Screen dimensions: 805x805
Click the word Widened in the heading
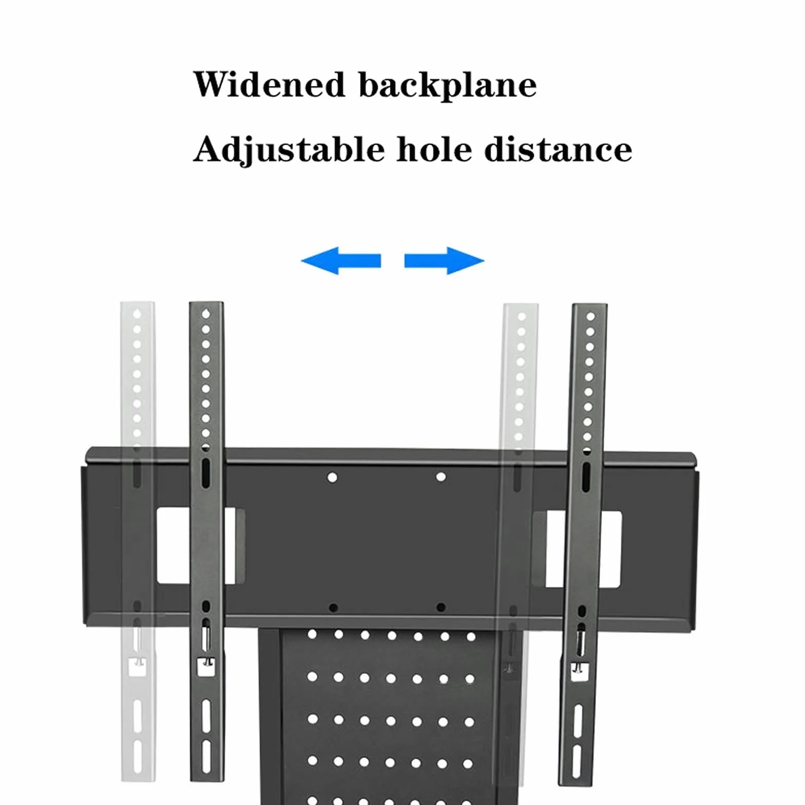click(269, 84)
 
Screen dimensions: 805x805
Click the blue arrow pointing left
click(341, 261)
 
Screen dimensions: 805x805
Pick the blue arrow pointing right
click(445, 261)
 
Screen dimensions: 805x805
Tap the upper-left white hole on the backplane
click(332, 477)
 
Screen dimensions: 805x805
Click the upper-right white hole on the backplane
click(440, 477)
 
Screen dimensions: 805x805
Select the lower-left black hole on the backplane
click(333, 608)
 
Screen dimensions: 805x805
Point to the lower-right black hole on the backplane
click(440, 607)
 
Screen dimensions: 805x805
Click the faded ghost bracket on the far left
click(138, 542)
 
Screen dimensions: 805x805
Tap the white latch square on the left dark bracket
click(206, 667)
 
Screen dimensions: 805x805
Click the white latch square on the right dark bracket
click(579, 671)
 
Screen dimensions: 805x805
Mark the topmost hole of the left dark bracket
click(206, 314)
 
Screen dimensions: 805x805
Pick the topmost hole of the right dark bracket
click(590, 317)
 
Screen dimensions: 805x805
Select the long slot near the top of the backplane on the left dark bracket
click(205, 473)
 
